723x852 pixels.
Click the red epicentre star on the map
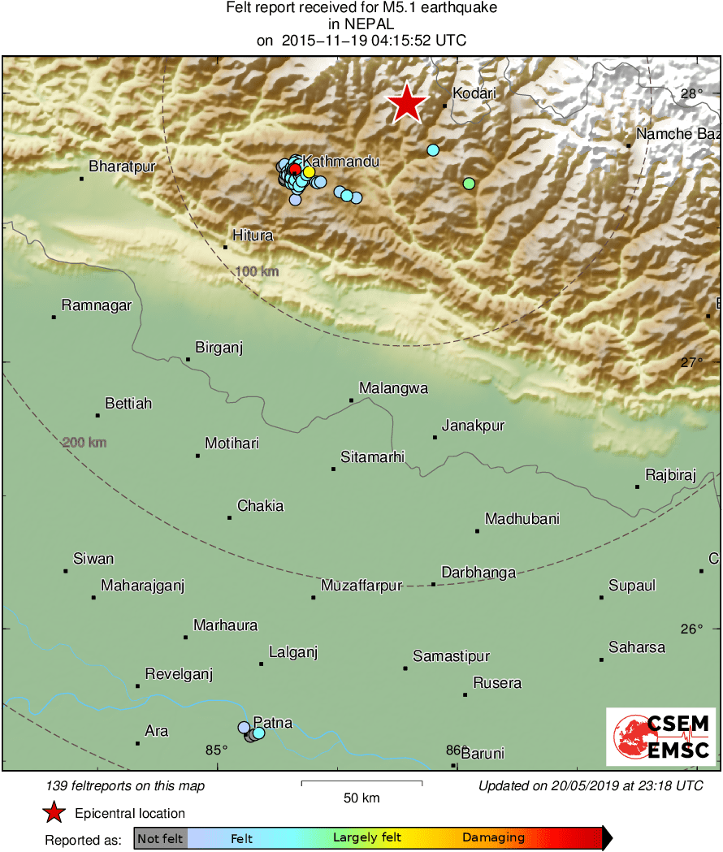click(x=406, y=103)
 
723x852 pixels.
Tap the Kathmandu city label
click(x=341, y=162)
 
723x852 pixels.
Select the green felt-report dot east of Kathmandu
click(x=469, y=184)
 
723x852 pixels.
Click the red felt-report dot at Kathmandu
click(x=296, y=169)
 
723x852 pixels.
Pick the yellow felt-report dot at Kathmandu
click(x=310, y=172)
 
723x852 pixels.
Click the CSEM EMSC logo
click(x=660, y=737)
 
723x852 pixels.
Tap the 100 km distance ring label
click(x=256, y=271)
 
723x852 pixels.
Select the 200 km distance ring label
click(x=84, y=443)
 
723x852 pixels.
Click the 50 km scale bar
click(x=361, y=783)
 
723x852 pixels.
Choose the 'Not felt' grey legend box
click(x=160, y=837)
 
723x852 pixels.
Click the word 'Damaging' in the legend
click(x=493, y=837)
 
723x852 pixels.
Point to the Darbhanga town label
click(x=478, y=573)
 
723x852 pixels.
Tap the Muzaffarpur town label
click(x=361, y=586)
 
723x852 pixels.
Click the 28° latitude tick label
click(x=691, y=94)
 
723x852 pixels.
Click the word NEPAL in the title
click(x=361, y=24)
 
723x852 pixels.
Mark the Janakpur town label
click(x=473, y=426)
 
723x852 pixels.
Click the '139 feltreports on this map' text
click(x=126, y=785)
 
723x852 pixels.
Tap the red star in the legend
click(x=54, y=812)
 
